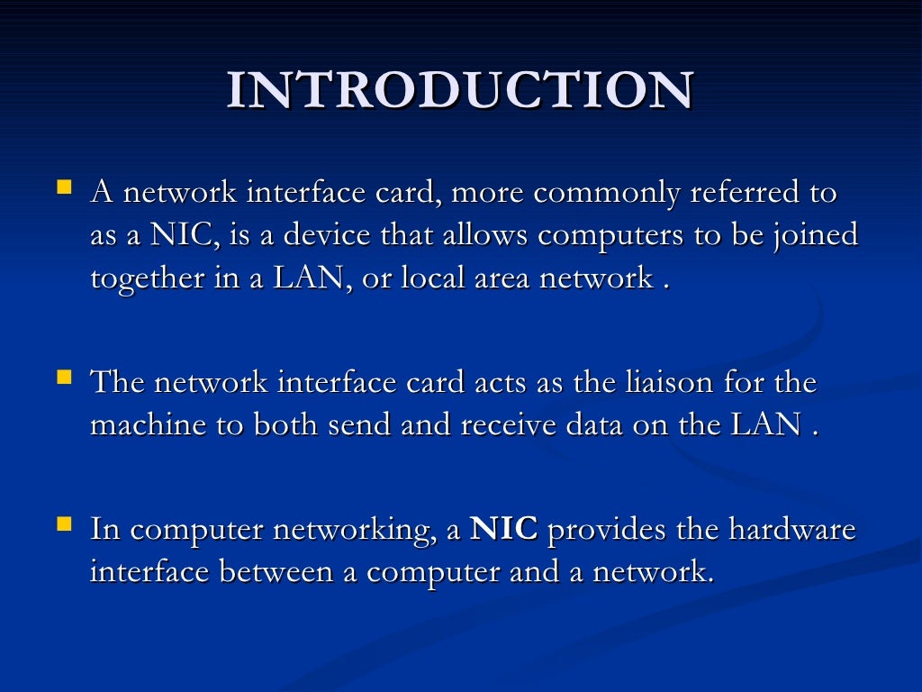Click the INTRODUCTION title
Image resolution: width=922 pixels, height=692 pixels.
tap(460, 91)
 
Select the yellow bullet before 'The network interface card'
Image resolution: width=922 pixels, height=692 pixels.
tap(64, 377)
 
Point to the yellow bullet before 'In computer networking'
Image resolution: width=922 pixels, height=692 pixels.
tap(64, 523)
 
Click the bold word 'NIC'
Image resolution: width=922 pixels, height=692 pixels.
tap(504, 529)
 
